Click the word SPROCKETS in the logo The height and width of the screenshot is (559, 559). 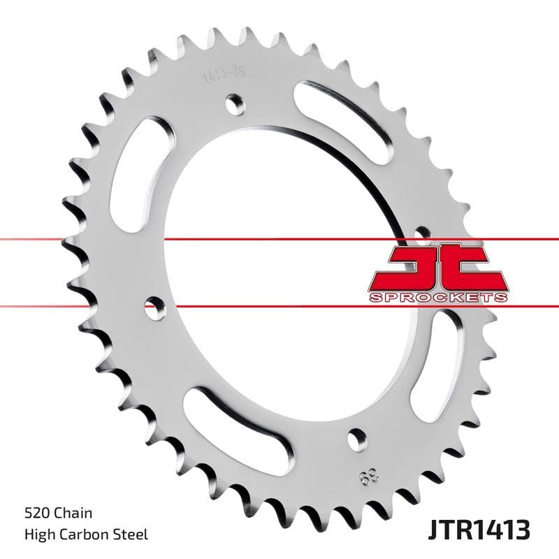pos(437,298)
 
